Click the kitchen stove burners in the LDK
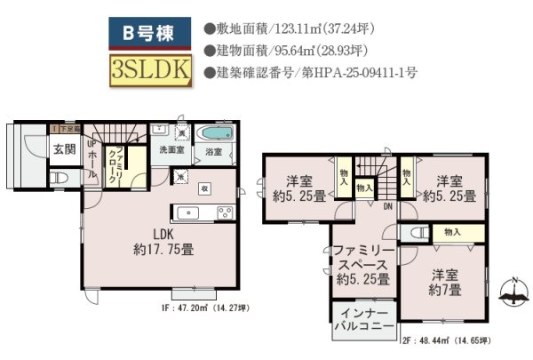point(225,212)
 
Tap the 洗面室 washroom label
point(172,150)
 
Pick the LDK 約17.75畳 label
point(163,241)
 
